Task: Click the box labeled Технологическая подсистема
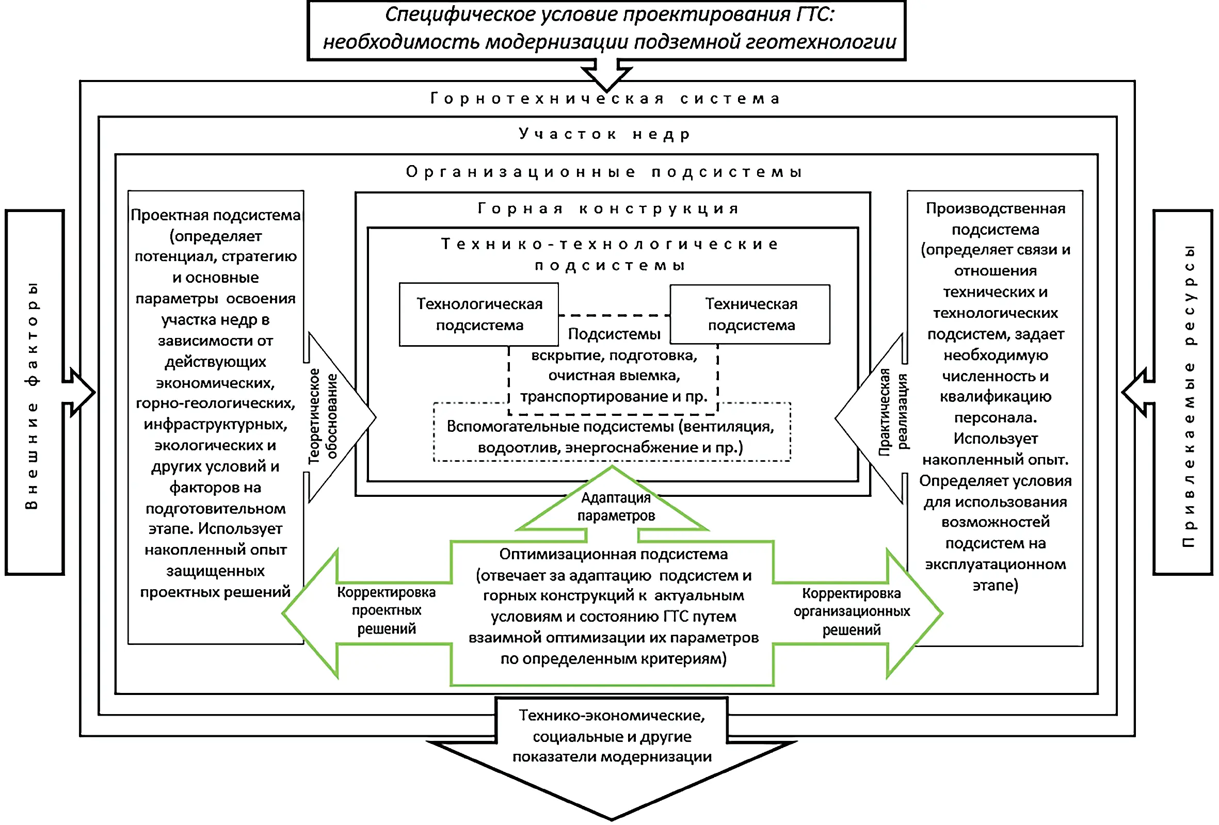point(478,315)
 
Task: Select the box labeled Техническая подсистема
point(750,315)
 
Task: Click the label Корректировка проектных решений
point(387,610)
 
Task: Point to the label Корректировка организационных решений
point(852,611)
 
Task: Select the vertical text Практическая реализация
point(893,412)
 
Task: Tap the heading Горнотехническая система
point(606,99)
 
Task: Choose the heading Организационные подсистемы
point(605,172)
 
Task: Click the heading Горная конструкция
point(608,209)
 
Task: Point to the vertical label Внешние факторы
point(33,396)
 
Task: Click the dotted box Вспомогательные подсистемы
point(611,436)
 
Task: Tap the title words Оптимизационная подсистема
point(613,554)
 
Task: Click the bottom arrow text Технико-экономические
point(612,716)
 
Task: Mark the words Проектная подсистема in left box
point(216,215)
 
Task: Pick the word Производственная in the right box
point(995,209)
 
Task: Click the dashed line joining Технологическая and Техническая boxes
point(614,315)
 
